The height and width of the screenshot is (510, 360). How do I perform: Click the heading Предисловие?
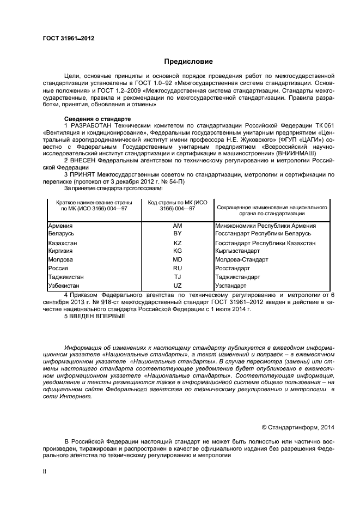click(x=188, y=62)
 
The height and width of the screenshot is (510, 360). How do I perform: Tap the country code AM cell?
click(x=177, y=226)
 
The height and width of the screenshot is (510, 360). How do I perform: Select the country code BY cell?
click(x=177, y=233)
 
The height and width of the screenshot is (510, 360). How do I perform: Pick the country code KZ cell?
click(x=177, y=243)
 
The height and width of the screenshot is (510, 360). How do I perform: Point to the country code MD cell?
click(x=177, y=260)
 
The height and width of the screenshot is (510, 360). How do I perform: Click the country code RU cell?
click(x=177, y=268)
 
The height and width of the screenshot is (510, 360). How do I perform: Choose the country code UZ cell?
click(x=177, y=285)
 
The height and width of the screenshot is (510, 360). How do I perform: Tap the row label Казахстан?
click(x=63, y=243)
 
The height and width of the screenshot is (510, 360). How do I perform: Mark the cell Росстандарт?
click(x=233, y=268)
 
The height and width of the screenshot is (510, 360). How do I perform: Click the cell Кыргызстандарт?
click(x=238, y=251)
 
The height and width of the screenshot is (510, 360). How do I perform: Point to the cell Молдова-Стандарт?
click(x=241, y=260)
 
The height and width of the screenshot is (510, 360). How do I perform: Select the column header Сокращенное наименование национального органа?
click(x=272, y=211)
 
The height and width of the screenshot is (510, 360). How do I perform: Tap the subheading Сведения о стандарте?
click(x=97, y=119)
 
